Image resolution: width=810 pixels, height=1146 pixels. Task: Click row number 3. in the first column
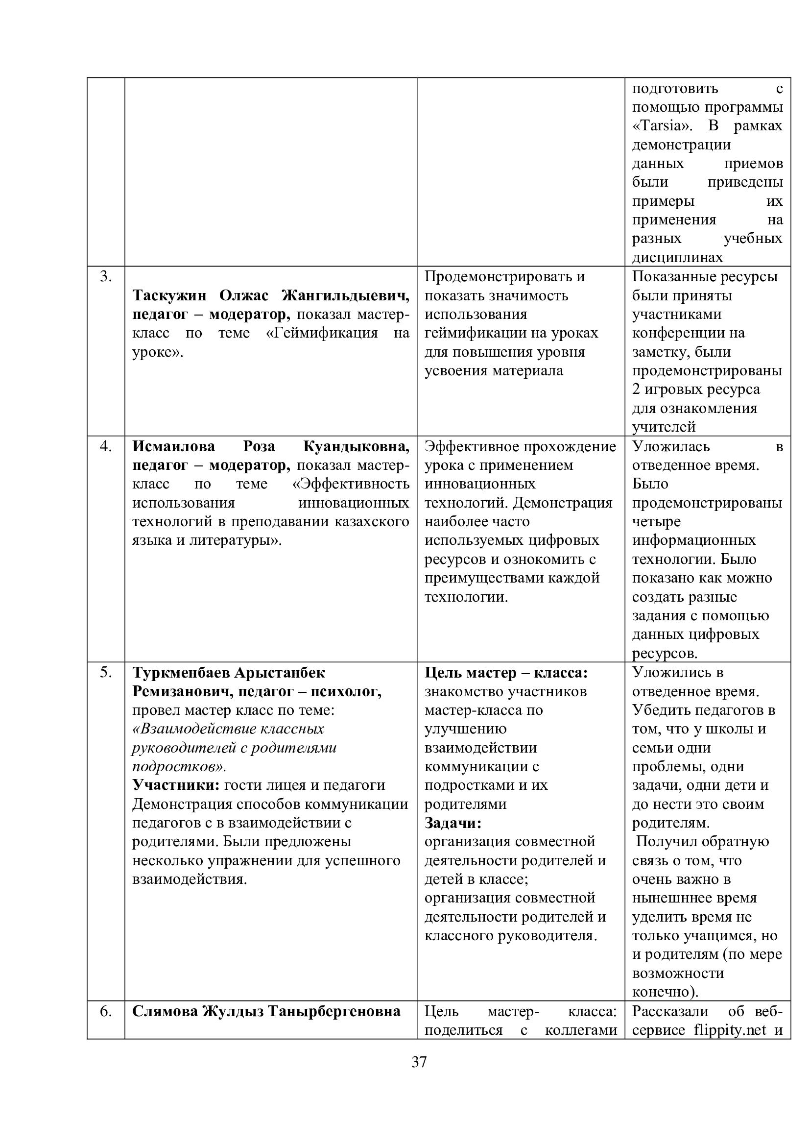click(x=106, y=276)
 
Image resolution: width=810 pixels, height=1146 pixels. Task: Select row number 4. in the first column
click(x=106, y=446)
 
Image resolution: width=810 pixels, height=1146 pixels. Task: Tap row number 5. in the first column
click(x=106, y=672)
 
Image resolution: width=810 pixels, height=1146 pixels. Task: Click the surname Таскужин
click(x=169, y=295)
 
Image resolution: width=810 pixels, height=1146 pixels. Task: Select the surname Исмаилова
click(x=173, y=446)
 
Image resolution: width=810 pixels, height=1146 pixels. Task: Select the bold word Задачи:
click(x=453, y=823)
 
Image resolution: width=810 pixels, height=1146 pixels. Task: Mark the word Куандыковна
click(x=356, y=446)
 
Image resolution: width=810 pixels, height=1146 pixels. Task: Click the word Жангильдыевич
click(x=345, y=295)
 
